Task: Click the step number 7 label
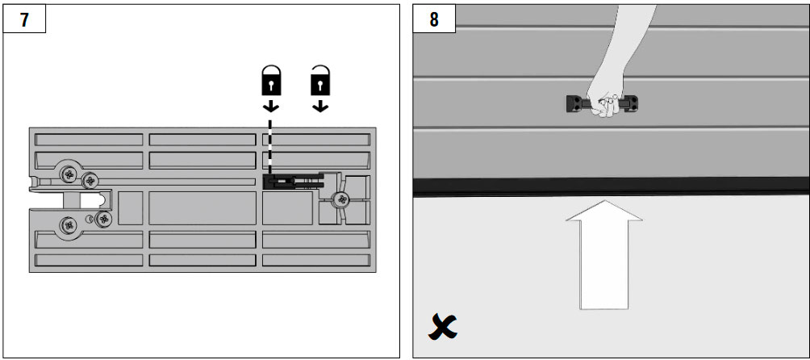(24, 19)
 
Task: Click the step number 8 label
(434, 19)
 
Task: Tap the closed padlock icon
(271, 81)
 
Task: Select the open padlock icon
(320, 81)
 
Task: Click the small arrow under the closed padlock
(271, 106)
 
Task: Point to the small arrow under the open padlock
(320, 106)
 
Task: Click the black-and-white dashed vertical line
(269, 147)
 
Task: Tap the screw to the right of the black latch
(340, 199)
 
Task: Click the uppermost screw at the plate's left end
(69, 174)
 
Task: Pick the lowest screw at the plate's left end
(69, 224)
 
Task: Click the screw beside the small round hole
(104, 219)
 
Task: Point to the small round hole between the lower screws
(91, 219)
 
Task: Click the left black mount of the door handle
(574, 104)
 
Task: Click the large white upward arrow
(604, 254)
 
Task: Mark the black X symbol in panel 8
(443, 327)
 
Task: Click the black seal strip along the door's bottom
(611, 186)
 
